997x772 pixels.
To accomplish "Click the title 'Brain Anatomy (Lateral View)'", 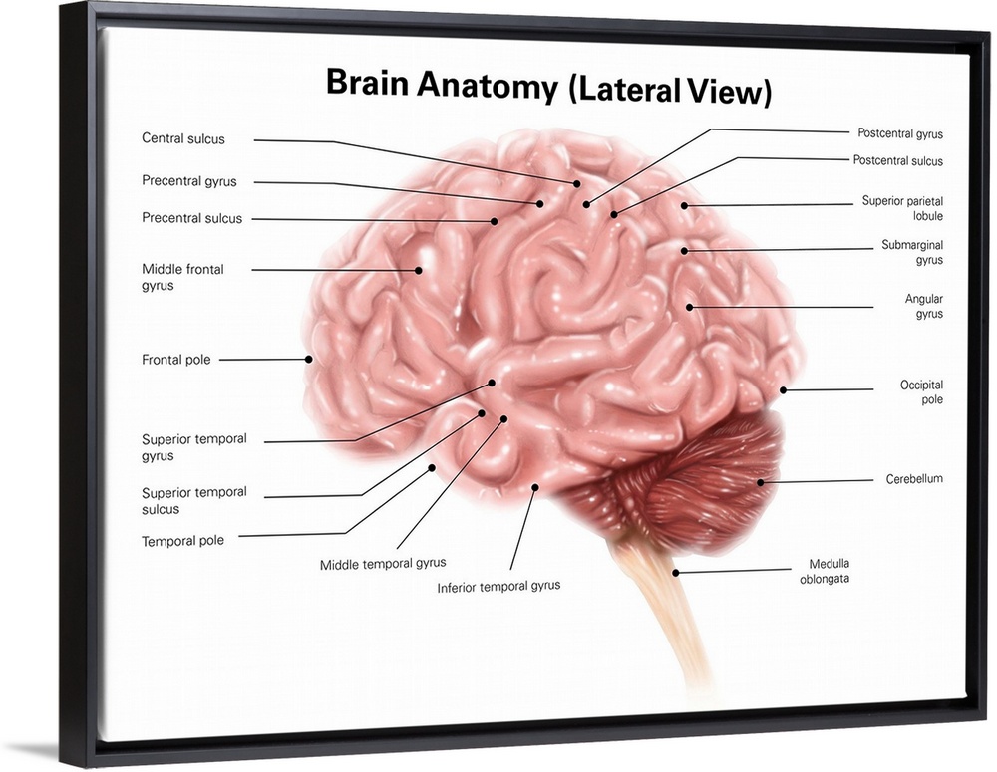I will (548, 87).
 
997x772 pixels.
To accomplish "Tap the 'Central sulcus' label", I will (183, 138).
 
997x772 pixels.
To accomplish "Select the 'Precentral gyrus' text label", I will (189, 181).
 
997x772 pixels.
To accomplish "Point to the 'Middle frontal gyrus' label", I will (182, 277).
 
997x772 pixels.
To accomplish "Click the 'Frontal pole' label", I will (176, 360).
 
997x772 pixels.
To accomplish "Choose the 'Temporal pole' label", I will (182, 541).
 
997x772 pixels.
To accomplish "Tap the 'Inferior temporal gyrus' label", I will (498, 586).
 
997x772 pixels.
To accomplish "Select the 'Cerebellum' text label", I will (914, 479).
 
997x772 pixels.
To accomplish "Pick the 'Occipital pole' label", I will (921, 392).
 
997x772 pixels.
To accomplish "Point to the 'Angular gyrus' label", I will (923, 306).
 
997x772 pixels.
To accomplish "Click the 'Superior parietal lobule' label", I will (902, 208).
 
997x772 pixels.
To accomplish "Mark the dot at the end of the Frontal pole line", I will (309, 359).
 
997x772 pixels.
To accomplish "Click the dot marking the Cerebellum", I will (760, 483).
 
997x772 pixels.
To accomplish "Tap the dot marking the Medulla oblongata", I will (675, 573).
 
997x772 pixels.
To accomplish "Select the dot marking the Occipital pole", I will (783, 389).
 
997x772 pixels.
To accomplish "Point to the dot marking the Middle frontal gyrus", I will (419, 269).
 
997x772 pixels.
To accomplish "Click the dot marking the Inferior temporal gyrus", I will (534, 488).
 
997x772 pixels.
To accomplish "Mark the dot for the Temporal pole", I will (432, 467).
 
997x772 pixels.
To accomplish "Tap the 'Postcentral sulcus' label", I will (897, 160).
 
